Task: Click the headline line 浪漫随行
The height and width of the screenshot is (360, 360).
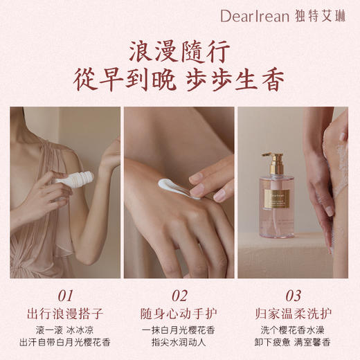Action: [179, 51]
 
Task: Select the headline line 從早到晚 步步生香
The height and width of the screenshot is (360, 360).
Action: [179, 80]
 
